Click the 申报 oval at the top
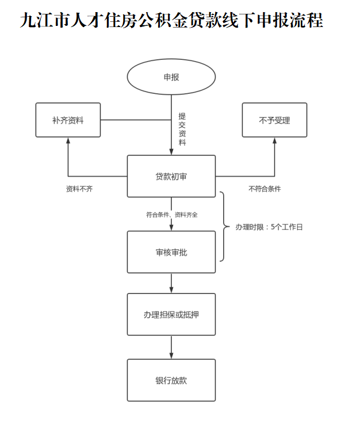tap(171, 77)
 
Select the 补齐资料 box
tap(68, 120)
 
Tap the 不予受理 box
tap(274, 120)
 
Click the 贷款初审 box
tap(171, 176)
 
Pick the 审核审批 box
tap(171, 252)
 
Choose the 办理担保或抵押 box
tap(171, 314)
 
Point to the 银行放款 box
tap(171, 380)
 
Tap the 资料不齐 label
tap(79, 189)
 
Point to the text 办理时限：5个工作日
tap(269, 227)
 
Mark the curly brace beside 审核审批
tap(224, 227)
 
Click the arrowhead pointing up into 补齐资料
tap(68, 140)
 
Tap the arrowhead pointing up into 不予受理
tap(274, 140)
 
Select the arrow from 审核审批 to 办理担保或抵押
tap(171, 283)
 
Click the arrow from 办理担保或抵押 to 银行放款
tap(171, 348)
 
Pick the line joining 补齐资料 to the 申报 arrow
tap(135, 120)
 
